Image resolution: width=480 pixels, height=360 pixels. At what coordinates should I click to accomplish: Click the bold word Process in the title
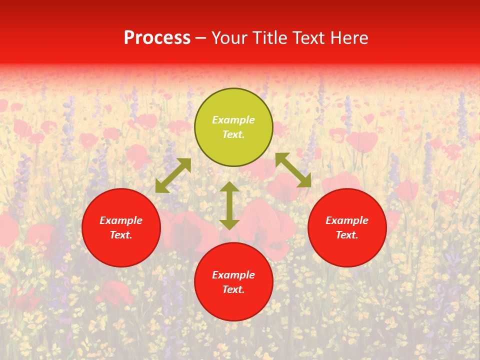[157, 38]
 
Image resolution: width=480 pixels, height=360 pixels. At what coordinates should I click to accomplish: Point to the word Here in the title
[349, 38]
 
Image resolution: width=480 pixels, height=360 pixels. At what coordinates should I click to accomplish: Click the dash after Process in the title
[201, 38]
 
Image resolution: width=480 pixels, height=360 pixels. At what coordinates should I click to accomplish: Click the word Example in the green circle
[233, 120]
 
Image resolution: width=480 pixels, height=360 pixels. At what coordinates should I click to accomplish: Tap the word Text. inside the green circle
[233, 134]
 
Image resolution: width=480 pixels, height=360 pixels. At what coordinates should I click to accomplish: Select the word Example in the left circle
[121, 220]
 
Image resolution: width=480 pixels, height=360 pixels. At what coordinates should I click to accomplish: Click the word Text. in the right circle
[347, 235]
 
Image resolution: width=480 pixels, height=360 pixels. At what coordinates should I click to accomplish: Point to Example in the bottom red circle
[233, 275]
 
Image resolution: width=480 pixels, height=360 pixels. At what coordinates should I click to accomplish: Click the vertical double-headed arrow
[229, 205]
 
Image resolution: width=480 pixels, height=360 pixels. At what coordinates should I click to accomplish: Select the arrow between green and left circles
[173, 175]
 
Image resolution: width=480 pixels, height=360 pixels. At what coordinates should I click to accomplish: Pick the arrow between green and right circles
[293, 170]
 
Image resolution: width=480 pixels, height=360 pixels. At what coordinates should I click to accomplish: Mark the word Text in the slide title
[309, 38]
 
